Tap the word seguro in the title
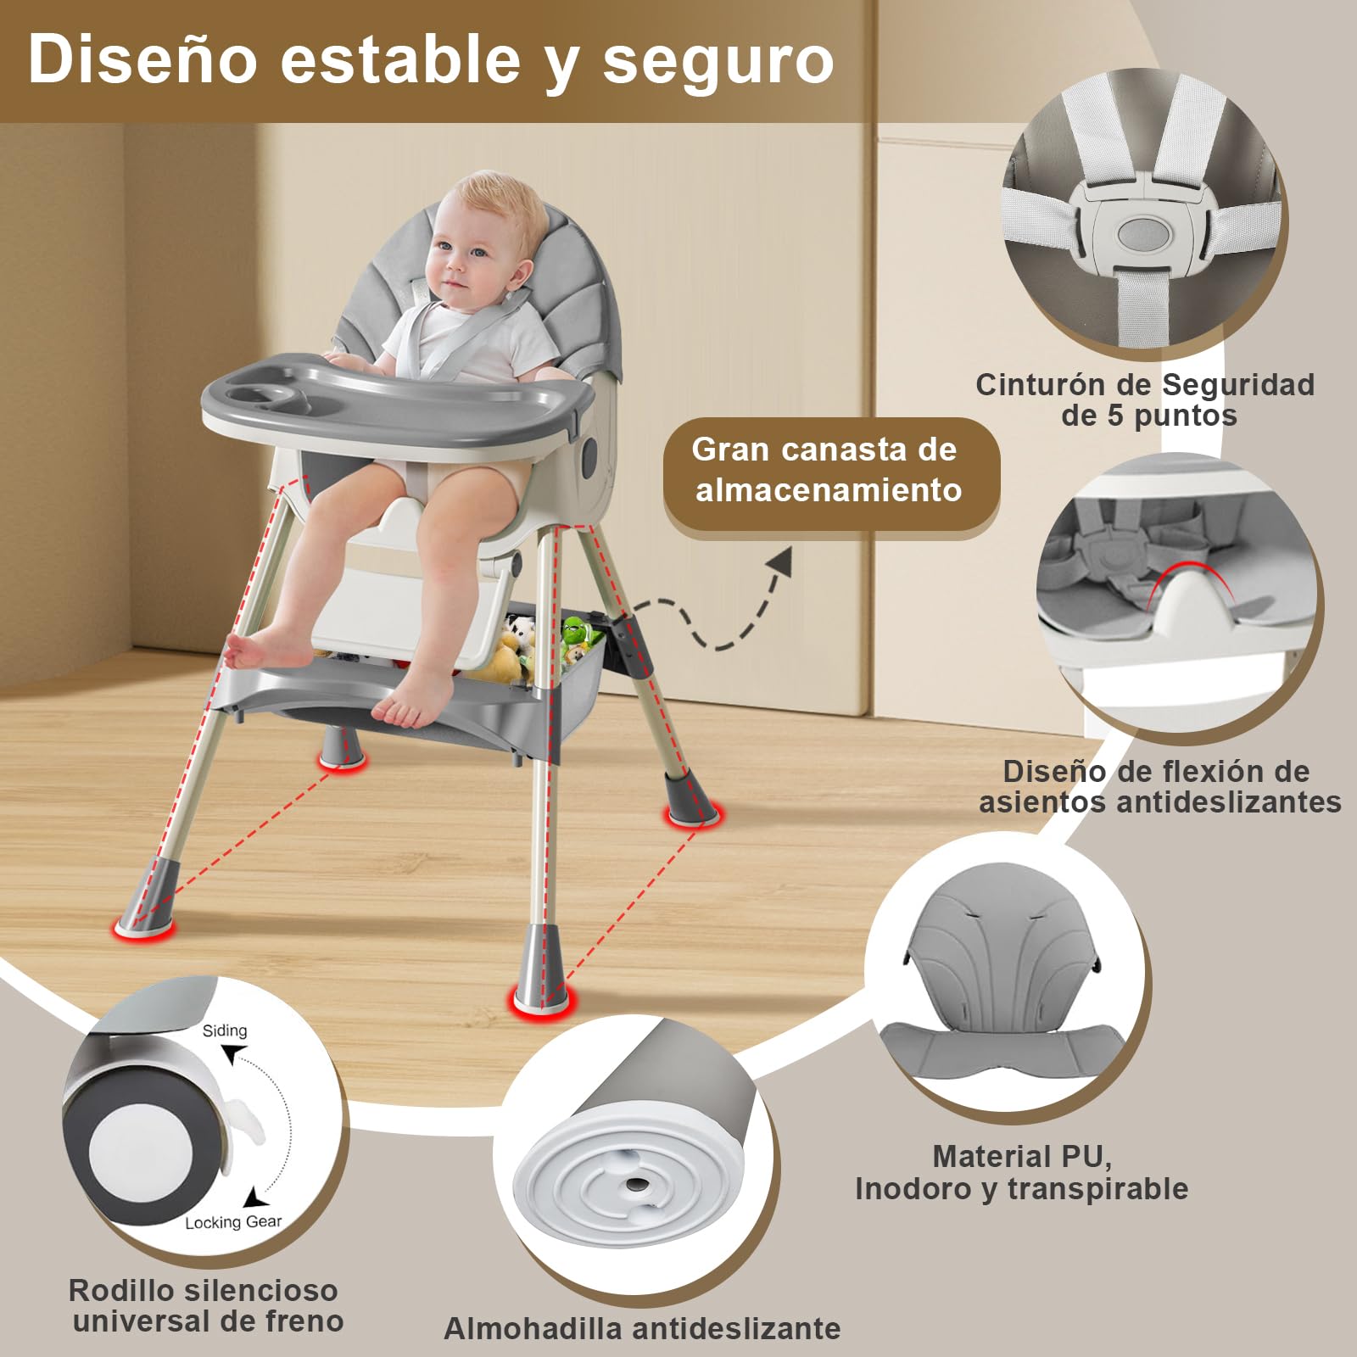pyautogui.click(x=718, y=64)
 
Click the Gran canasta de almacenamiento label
pyautogui.click(x=827, y=470)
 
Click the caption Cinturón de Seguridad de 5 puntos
pyautogui.click(x=1145, y=399)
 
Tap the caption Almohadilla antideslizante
pyautogui.click(x=642, y=1327)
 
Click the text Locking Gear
pyautogui.click(x=233, y=1222)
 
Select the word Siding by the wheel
pyautogui.click(x=225, y=1030)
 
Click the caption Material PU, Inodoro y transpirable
pyautogui.click(x=1021, y=1172)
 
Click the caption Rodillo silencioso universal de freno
pyautogui.click(x=205, y=1305)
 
